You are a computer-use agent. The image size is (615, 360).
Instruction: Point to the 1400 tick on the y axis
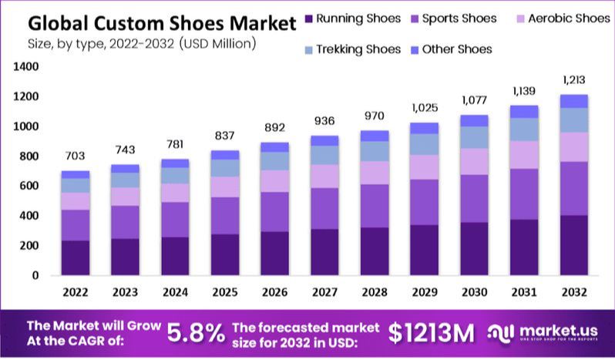coord(25,67)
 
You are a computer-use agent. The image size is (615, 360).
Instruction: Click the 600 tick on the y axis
coord(29,186)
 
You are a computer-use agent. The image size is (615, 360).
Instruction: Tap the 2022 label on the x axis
coord(75,293)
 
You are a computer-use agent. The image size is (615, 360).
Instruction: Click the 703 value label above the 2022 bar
coord(75,156)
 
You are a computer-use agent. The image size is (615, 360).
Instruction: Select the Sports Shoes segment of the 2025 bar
coord(224,216)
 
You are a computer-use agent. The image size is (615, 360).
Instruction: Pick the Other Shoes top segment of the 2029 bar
coord(423,128)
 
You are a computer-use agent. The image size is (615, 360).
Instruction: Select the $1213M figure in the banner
coord(431,332)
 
